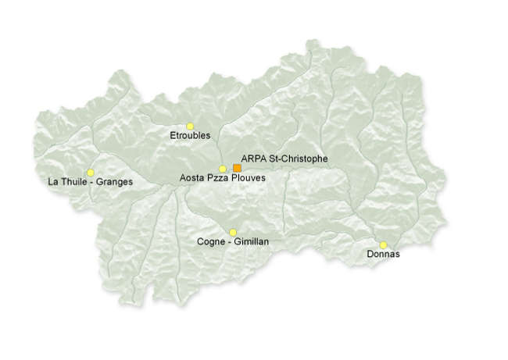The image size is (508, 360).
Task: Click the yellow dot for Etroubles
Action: coord(190,126)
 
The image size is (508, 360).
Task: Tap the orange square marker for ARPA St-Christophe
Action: coord(237,168)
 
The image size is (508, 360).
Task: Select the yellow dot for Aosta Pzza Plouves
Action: coord(223,169)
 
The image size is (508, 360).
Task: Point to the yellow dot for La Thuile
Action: coord(91,173)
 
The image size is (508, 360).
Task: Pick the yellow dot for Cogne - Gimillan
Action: coord(233,232)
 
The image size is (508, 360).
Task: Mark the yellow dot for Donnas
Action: coord(383,244)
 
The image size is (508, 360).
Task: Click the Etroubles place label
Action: coord(190,136)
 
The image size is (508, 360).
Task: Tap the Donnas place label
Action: coord(383,255)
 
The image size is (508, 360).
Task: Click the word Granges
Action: coord(116,183)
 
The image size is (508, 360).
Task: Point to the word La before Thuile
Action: coord(53,182)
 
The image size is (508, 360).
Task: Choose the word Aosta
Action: coord(192,179)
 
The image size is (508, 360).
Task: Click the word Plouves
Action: coord(249,179)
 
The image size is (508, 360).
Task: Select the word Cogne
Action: coord(212,242)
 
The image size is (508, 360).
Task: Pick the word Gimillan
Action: coord(252,242)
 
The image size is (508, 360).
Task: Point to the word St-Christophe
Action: coord(298,159)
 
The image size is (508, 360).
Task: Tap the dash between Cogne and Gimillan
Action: coord(229,242)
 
